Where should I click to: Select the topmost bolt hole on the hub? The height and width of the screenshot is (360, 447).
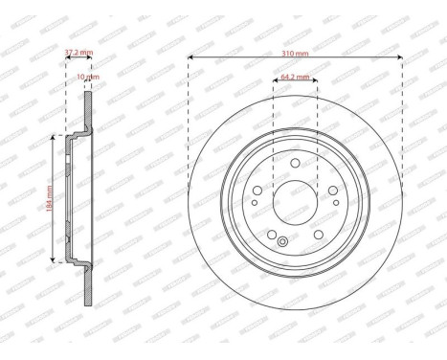pyautogui.click(x=294, y=164)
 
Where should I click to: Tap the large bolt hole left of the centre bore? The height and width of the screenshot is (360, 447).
pyautogui.click(x=257, y=190)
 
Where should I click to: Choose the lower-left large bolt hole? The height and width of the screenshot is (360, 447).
pyautogui.click(x=272, y=235)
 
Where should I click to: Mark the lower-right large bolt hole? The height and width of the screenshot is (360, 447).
pyautogui.click(x=318, y=235)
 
